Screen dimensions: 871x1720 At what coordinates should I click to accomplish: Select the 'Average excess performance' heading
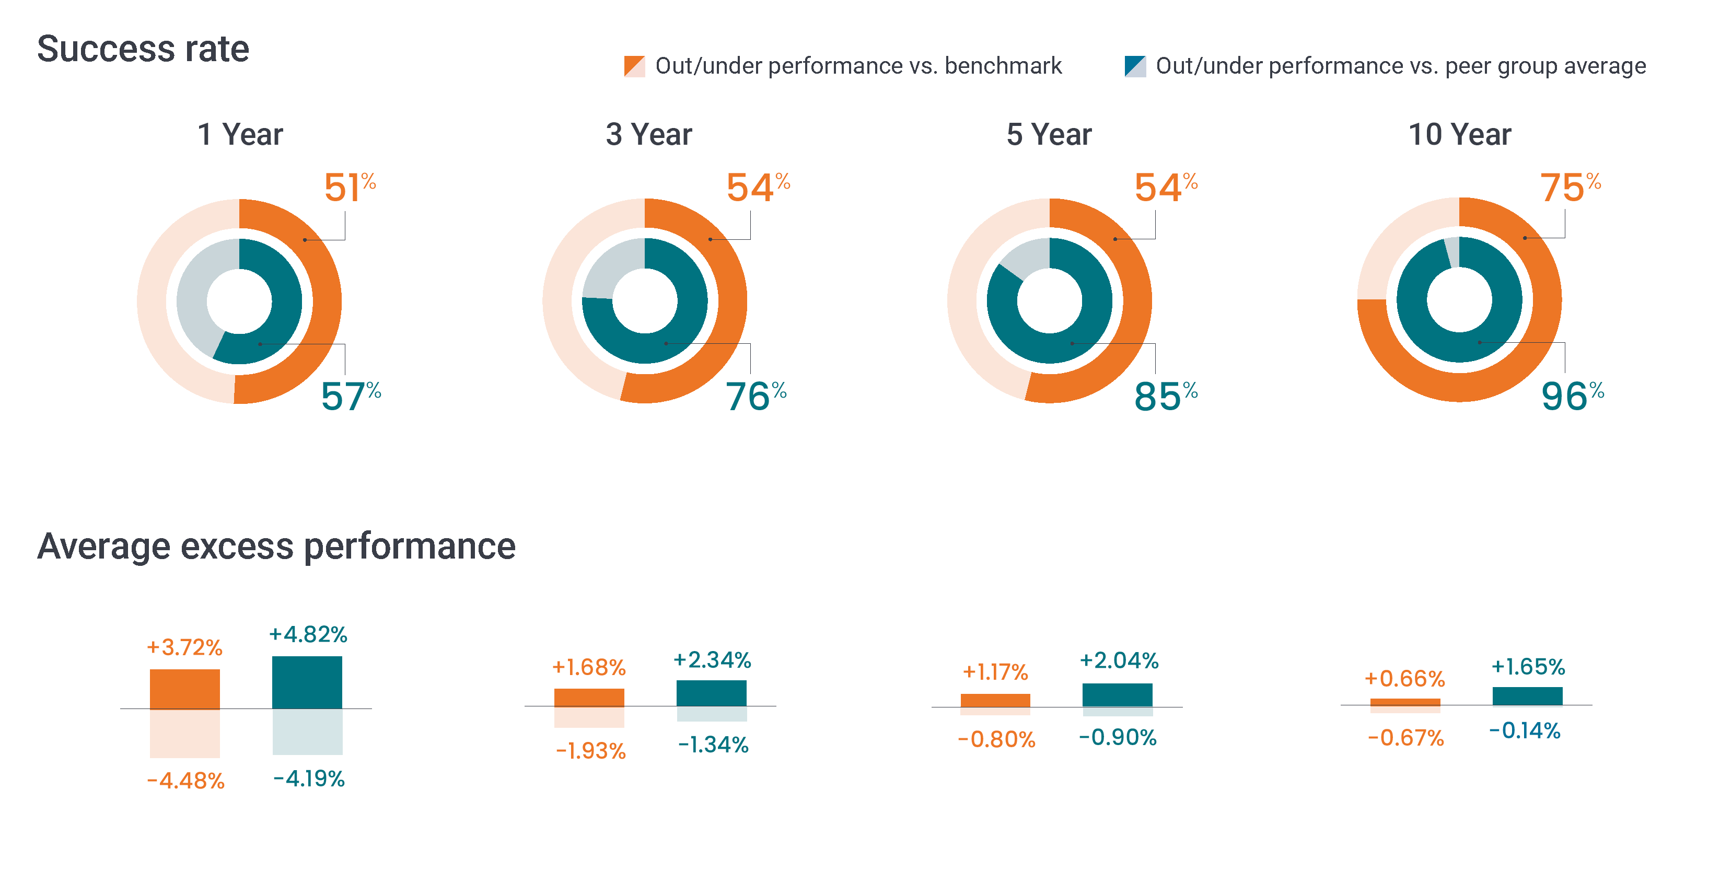pos(276,547)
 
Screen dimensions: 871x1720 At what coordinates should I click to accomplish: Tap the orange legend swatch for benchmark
pos(634,66)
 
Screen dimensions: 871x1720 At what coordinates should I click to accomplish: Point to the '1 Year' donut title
pos(240,134)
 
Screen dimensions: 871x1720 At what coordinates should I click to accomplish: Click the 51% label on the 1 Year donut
pos(348,187)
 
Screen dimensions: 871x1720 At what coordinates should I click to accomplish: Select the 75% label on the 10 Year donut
pos(1569,187)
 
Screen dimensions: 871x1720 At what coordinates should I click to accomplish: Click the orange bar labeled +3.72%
pos(184,689)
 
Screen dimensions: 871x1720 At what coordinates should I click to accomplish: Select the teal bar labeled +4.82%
pos(307,682)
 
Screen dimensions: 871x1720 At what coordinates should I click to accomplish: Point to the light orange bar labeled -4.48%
pos(184,733)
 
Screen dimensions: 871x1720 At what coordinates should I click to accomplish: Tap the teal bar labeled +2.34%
pos(711,693)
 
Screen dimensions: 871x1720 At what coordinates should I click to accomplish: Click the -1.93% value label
pos(590,751)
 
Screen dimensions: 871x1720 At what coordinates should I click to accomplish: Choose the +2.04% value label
pos(1119,660)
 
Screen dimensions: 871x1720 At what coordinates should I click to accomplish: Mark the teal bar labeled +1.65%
pos(1527,695)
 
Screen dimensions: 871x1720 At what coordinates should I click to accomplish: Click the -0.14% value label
pos(1525,731)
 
